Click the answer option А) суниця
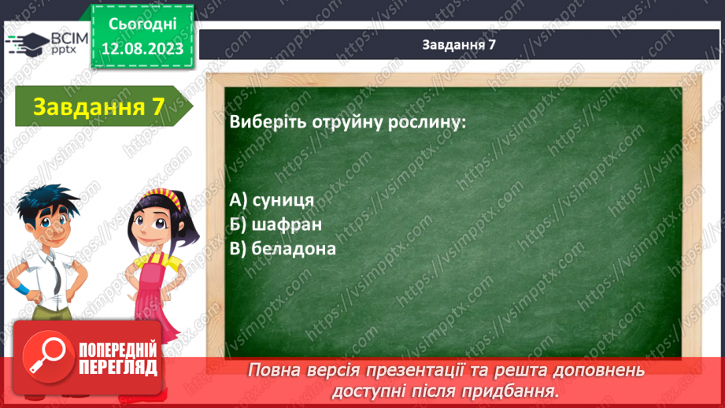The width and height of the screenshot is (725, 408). tap(272, 200)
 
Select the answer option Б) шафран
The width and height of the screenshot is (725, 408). tap(276, 224)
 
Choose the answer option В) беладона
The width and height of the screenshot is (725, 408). tap(283, 249)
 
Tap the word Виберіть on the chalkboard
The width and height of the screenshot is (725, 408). tap(268, 122)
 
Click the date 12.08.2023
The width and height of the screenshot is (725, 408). tap(142, 49)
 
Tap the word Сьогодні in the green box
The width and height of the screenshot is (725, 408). tap(142, 24)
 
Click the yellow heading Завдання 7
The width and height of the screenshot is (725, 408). tap(98, 107)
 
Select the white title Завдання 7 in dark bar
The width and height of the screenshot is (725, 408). tap(459, 44)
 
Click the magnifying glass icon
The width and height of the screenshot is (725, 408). tap(47, 357)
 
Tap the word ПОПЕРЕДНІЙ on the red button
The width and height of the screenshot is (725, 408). tap(118, 351)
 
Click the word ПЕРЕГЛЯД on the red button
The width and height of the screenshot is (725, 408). tap(118, 367)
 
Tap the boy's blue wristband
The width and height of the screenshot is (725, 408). tap(21, 291)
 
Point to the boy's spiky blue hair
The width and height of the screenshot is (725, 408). tap(47, 202)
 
